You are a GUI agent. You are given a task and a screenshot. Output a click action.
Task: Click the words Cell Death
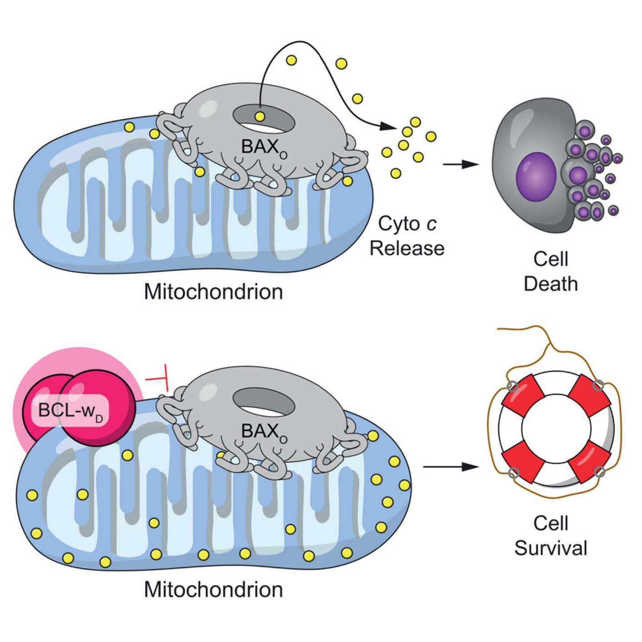coord(551,271)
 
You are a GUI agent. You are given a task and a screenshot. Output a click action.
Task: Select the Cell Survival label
coord(551,536)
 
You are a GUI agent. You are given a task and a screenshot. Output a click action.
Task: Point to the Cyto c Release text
coord(407,236)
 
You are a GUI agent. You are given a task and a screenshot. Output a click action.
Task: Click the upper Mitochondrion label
coord(213,292)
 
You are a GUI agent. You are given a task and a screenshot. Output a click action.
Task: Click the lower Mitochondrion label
coord(213,590)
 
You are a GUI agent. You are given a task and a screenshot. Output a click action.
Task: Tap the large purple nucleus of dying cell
coord(536,176)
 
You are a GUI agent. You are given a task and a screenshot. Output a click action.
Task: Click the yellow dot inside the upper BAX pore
coord(259,117)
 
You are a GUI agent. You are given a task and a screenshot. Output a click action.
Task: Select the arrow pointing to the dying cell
coord(461,164)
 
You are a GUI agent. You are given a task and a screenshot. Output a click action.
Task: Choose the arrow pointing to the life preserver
coord(451,467)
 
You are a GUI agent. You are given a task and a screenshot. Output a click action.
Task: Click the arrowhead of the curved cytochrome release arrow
coord(388,126)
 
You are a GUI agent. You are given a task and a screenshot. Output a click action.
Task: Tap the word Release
coord(407,249)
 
